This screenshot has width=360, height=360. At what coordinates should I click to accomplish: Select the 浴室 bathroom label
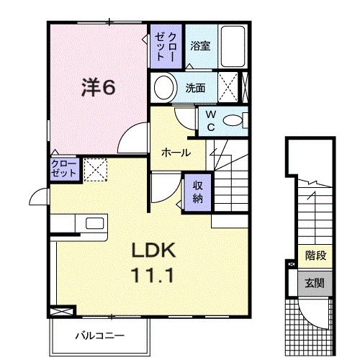(x=199, y=46)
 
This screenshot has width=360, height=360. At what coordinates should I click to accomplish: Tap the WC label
(x=211, y=120)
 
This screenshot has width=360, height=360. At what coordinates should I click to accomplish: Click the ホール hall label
(x=175, y=153)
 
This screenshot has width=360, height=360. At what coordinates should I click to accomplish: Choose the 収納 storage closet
(x=197, y=191)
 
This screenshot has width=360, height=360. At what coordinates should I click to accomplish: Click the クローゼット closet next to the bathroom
(x=166, y=45)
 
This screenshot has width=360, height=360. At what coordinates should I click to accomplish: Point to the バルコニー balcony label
(x=100, y=335)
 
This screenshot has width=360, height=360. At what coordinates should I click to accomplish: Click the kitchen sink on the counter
(x=94, y=222)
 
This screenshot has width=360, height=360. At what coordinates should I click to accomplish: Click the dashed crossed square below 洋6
(x=94, y=170)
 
